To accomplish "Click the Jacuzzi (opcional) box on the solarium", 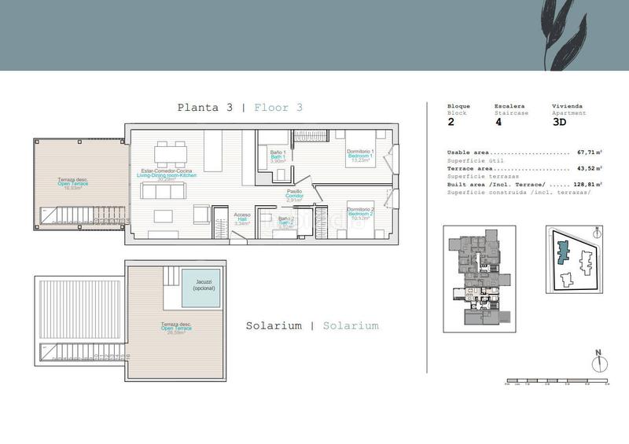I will (200, 288).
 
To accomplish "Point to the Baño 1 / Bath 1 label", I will (277, 158).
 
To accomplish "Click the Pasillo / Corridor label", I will (294, 194).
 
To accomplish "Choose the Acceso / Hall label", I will (242, 218).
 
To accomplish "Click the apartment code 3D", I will (559, 122).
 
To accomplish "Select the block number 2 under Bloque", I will (451, 122).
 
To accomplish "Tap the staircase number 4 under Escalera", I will (498, 122).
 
